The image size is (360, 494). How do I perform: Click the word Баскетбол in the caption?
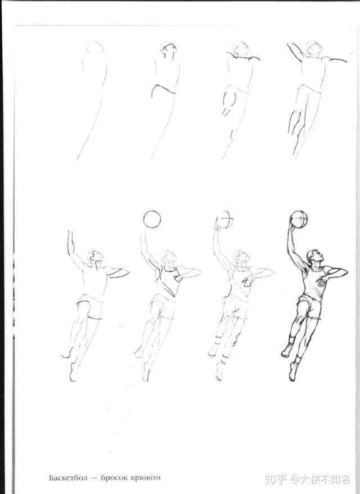[67, 478]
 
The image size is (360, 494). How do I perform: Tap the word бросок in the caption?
[115, 478]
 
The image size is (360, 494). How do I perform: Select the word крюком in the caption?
[146, 478]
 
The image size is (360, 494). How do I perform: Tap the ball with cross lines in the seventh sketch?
[226, 219]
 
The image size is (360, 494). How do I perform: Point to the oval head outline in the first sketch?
[95, 48]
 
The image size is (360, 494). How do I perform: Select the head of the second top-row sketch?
[169, 49]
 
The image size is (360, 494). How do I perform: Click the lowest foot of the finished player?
[294, 372]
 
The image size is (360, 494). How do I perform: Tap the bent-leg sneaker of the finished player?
[287, 351]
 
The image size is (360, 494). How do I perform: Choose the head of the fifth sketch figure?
[96, 258]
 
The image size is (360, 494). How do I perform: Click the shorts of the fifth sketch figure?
[91, 306]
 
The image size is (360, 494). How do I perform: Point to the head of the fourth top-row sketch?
[314, 48]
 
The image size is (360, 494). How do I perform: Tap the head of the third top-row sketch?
[241, 48]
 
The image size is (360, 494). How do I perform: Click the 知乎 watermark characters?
[275, 479]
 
